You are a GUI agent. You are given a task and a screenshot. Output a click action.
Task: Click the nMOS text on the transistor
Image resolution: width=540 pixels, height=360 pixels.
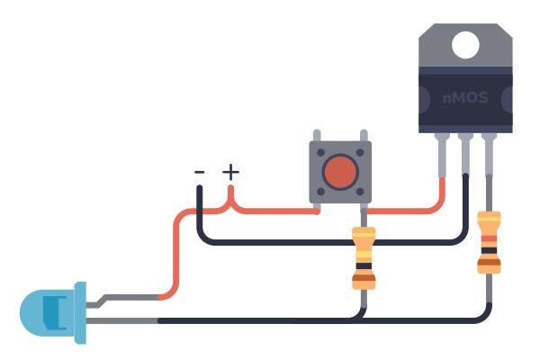pos(465,98)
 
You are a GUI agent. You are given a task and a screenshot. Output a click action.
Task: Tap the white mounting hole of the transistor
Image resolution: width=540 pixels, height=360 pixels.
pos(465,45)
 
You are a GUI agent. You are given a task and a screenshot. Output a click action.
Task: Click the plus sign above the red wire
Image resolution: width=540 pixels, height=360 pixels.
pos(230,172)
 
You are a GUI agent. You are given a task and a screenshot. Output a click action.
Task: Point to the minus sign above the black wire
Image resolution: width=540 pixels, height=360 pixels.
pos(200,172)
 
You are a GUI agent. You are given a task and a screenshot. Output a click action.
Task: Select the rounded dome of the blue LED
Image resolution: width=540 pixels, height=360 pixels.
pos(47,313)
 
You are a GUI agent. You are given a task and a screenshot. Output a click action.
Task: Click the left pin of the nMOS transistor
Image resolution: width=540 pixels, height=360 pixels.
pos(442,156)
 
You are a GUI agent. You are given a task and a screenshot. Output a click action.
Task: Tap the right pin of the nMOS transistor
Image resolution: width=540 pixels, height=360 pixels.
pos(489,156)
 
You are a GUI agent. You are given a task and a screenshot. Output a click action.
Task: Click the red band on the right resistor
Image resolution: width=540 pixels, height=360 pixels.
pos(489,238)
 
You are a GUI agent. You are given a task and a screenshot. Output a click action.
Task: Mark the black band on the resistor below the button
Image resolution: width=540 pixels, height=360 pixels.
pos(364,266)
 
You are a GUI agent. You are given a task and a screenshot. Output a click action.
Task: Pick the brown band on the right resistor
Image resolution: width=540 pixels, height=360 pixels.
pos(489,263)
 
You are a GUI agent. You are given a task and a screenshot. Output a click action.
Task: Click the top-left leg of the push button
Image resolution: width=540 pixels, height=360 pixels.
pos(317,135)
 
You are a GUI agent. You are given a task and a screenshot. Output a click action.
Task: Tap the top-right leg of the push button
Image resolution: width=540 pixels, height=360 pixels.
pos(364,135)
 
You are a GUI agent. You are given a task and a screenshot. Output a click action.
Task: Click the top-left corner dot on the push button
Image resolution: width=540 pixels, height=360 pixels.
pos(320,152)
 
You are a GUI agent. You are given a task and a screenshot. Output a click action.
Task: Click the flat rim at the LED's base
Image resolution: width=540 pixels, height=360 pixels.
pos(80,313)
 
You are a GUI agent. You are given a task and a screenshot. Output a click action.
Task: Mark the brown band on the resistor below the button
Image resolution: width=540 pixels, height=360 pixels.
pos(364,278)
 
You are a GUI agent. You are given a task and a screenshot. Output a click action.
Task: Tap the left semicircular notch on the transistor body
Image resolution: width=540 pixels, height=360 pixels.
pos(425,100)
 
